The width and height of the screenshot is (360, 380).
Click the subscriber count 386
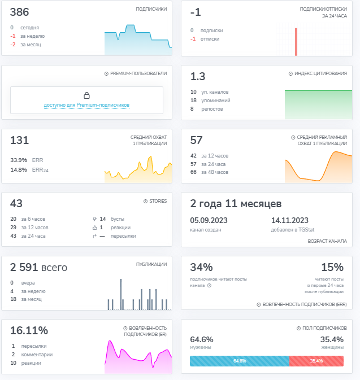click(19, 12)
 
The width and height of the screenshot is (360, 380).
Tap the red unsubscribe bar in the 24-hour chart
click(296, 42)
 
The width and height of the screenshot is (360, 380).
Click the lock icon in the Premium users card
click(86, 95)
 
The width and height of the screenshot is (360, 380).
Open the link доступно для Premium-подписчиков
click(86, 105)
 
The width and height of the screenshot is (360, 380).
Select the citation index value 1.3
click(198, 76)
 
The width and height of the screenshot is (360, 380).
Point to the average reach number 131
click(19, 140)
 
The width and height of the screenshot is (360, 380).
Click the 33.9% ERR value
click(19, 160)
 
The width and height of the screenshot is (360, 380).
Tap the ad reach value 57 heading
click(196, 140)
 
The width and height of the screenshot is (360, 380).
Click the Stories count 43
click(16, 203)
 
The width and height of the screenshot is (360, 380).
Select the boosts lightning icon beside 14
click(94, 219)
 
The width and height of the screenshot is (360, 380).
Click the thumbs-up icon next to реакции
click(94, 228)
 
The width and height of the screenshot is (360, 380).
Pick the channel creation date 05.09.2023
click(209, 220)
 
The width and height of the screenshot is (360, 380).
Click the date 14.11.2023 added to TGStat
click(290, 220)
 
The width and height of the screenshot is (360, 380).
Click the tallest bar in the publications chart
click(121, 294)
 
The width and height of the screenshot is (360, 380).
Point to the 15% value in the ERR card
click(332, 267)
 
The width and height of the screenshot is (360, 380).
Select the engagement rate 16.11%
click(29, 330)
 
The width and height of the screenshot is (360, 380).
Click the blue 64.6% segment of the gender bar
click(240, 361)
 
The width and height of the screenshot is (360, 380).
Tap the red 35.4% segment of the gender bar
click(316, 361)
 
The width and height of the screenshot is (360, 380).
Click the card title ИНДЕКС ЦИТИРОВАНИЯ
click(320, 73)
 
